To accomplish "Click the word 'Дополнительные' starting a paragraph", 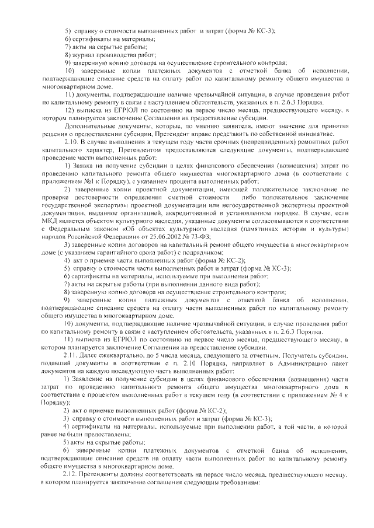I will [89, 125].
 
